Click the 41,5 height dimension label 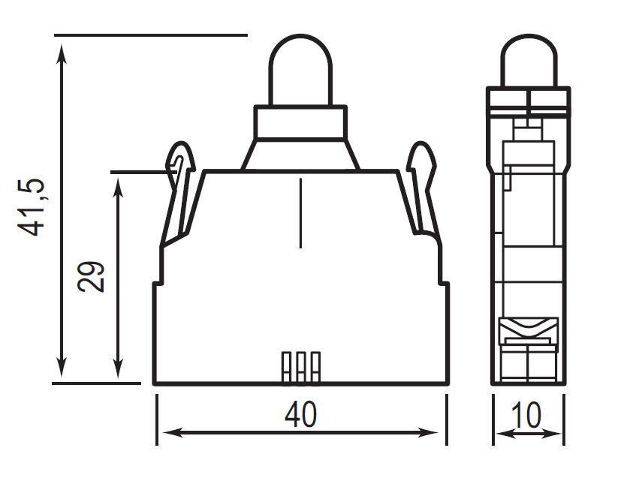(35, 208)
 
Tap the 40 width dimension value (300, 414)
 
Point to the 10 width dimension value (529, 414)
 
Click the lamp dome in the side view (529, 63)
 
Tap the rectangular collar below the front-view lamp (300, 122)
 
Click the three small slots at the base (300, 367)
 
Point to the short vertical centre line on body (300, 213)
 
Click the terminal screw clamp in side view (529, 330)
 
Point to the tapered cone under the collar (300, 154)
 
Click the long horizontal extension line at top (150, 35)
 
